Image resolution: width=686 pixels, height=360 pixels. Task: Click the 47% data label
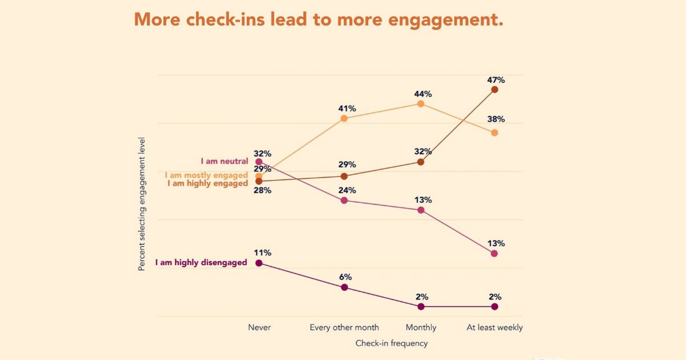tap(495, 80)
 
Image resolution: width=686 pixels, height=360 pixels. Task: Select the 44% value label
tap(422, 94)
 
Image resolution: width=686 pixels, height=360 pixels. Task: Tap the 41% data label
tap(346, 109)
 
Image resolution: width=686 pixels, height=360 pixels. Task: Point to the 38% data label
tap(495, 119)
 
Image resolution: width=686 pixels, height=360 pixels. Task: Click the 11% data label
tap(262, 253)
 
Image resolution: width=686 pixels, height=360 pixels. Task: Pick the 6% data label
tap(345, 277)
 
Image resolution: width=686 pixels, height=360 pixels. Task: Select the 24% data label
tap(346, 190)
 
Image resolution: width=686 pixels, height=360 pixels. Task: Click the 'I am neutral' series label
tap(224, 162)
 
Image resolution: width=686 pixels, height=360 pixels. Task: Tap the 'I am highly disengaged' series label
tap(201, 263)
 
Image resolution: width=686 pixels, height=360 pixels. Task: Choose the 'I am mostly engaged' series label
tap(206, 175)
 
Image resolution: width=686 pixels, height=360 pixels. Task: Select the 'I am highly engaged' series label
tap(207, 183)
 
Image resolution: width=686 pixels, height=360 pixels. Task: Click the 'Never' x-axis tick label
tap(259, 327)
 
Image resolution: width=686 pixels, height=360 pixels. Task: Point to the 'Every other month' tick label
tap(344, 327)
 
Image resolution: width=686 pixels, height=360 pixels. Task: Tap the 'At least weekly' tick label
tap(494, 327)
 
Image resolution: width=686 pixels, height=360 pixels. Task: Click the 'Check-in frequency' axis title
tap(391, 343)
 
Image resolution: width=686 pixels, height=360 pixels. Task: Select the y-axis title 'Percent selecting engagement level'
tap(141, 203)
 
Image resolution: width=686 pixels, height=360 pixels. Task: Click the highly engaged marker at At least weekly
tap(494, 89)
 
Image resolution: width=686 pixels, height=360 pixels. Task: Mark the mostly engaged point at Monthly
tap(421, 103)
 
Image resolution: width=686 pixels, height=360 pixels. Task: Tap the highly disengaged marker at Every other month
tap(344, 287)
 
